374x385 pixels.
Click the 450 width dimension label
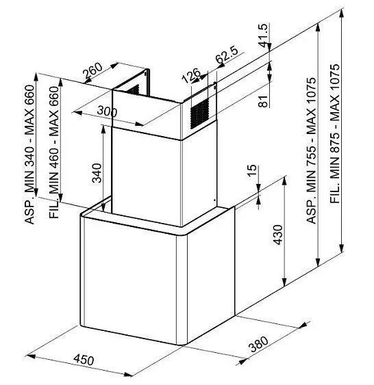click(x=84, y=360)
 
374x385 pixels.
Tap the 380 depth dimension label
click(x=258, y=344)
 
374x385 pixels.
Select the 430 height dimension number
click(x=278, y=235)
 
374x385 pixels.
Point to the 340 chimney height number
click(x=97, y=173)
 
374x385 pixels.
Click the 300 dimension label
click(x=107, y=111)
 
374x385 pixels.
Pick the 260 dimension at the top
click(x=92, y=70)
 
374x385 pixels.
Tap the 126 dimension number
click(x=191, y=75)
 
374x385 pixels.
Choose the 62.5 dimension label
click(x=227, y=55)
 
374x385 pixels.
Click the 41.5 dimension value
click(x=262, y=35)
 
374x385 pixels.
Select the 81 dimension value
click(x=263, y=101)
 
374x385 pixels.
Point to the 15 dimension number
click(x=251, y=170)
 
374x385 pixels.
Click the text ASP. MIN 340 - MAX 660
click(x=29, y=154)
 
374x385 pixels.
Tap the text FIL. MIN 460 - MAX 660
click(x=54, y=152)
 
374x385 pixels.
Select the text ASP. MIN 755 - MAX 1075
click(x=311, y=150)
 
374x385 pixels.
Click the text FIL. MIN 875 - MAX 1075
click(x=335, y=133)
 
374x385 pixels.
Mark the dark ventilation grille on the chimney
click(x=199, y=114)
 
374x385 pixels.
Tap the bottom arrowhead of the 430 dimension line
click(x=284, y=282)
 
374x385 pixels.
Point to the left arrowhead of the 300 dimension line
click(x=77, y=113)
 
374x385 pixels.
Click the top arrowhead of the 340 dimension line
click(x=103, y=129)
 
